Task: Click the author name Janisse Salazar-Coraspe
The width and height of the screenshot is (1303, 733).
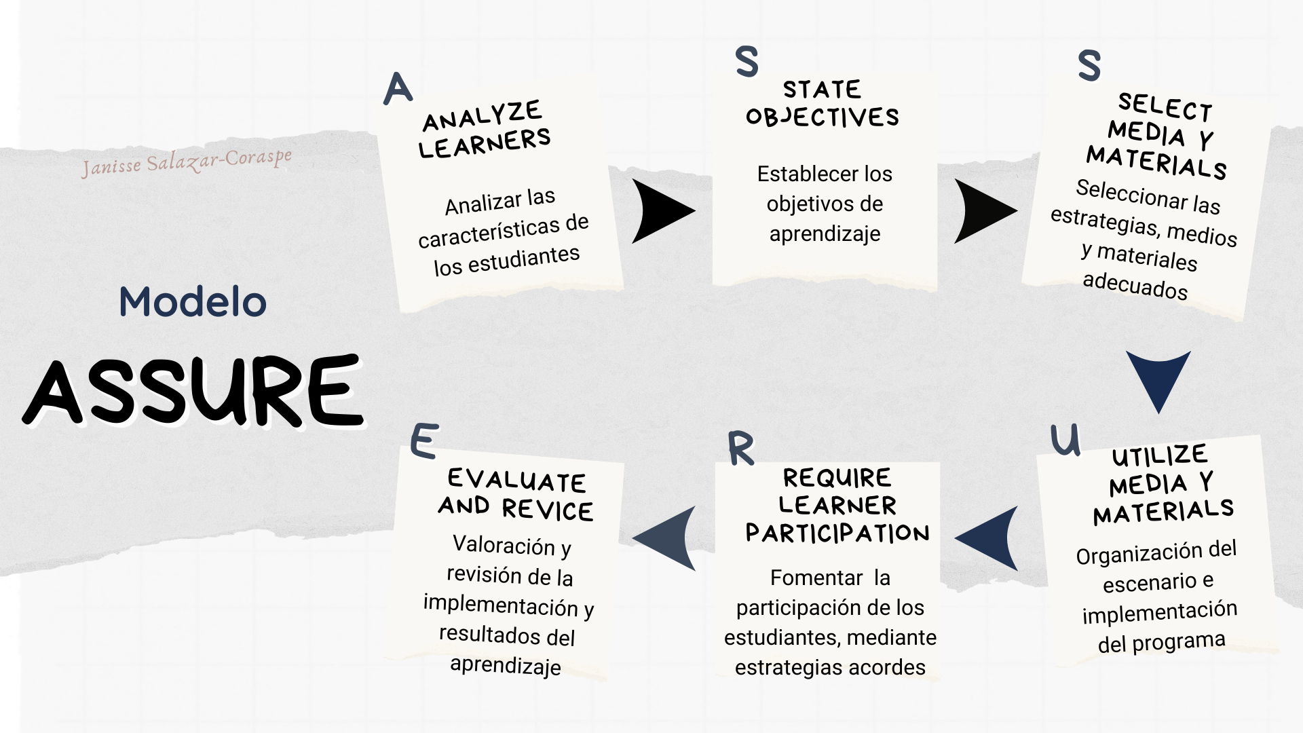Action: (x=187, y=162)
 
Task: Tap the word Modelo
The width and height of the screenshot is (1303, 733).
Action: (x=193, y=301)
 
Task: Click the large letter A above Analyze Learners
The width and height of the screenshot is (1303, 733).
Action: (x=398, y=88)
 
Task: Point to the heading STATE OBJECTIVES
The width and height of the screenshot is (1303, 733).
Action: (x=823, y=103)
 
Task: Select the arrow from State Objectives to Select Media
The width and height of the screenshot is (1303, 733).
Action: (x=985, y=211)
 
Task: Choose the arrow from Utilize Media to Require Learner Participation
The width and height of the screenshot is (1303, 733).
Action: (x=987, y=538)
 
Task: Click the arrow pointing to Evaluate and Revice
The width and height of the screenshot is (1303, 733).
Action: (x=664, y=538)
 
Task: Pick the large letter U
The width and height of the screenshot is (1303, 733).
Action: (x=1065, y=440)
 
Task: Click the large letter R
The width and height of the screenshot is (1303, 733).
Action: (x=741, y=448)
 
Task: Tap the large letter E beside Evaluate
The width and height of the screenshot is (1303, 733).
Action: (x=425, y=440)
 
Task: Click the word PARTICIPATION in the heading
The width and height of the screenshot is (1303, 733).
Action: (x=837, y=533)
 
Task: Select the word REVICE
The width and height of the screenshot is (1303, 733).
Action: (x=548, y=510)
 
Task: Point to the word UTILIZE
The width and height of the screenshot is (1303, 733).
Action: (x=1160, y=455)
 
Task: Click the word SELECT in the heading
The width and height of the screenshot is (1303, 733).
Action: (x=1165, y=107)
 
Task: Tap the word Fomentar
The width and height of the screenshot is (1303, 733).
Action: (x=816, y=578)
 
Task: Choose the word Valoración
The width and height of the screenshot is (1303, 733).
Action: (x=504, y=545)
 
